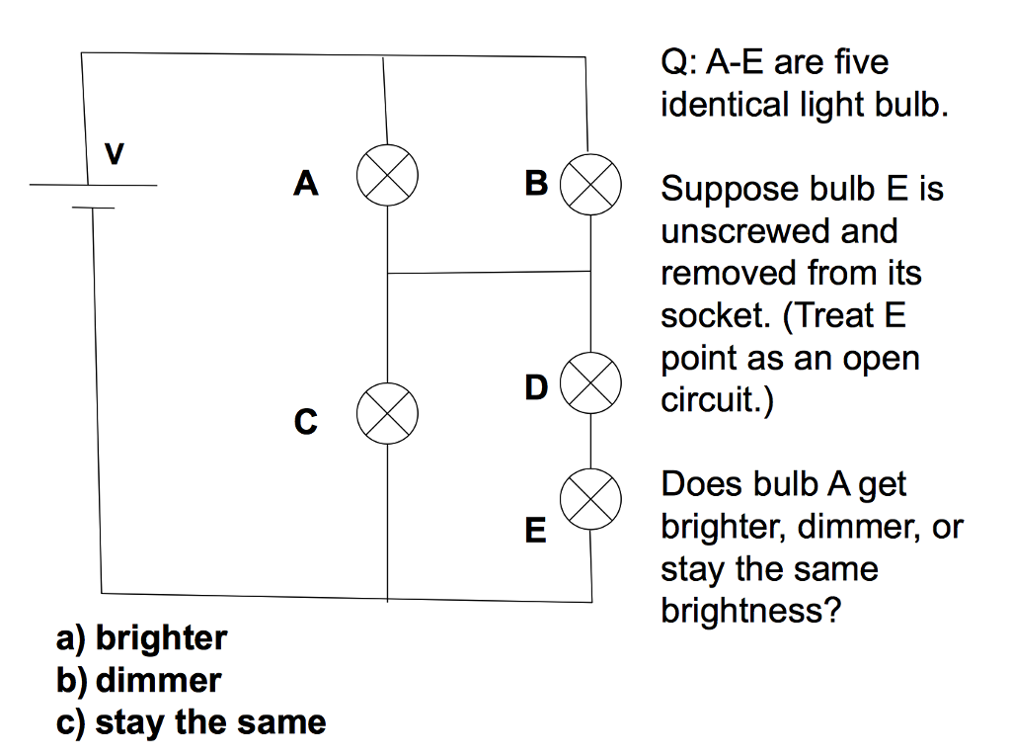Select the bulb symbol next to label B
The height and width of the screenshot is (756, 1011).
(x=590, y=185)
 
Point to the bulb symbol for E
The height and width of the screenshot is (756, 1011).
(x=590, y=498)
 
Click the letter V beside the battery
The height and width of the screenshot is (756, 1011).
(x=115, y=155)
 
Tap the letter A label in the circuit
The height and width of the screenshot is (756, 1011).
(x=307, y=184)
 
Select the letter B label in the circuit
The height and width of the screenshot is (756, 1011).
(x=536, y=184)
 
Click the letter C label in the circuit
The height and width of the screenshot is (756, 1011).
(x=306, y=423)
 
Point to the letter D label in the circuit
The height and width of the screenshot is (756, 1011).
(x=536, y=388)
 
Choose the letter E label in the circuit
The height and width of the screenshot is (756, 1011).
(x=535, y=532)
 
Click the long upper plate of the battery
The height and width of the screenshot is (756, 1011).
(x=93, y=185)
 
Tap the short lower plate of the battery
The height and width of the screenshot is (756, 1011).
(x=93, y=209)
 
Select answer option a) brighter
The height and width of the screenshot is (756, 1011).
(x=142, y=638)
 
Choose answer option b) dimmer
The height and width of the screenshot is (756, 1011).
(x=139, y=680)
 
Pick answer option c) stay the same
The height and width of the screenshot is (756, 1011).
(x=192, y=722)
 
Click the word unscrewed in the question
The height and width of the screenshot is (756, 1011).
(x=750, y=231)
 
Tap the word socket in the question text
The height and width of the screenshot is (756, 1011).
(x=715, y=315)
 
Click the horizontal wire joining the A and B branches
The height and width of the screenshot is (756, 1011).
(x=489, y=272)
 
